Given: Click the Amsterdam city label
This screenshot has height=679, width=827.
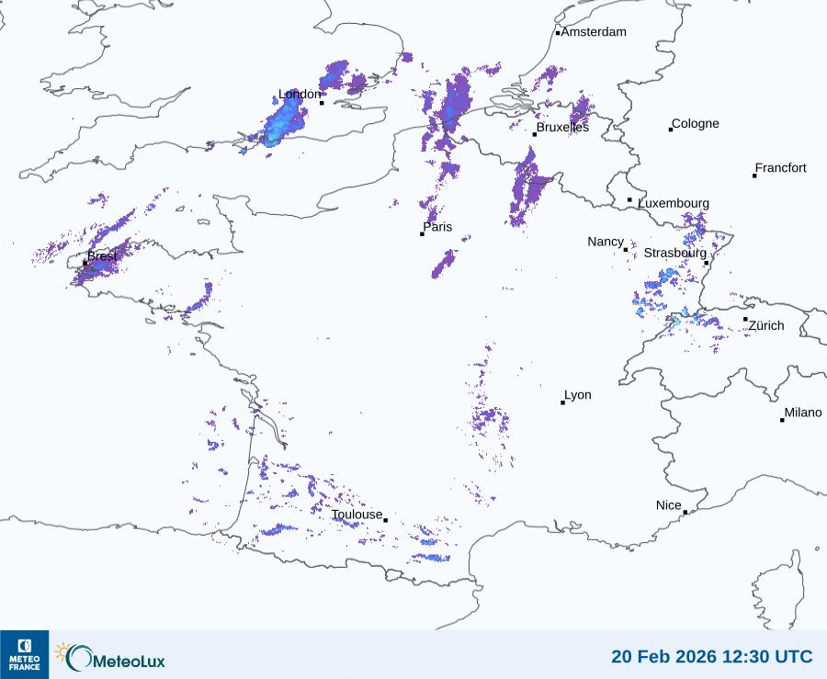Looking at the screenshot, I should coord(594,32).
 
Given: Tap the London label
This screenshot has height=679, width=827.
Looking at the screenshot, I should coord(300,95).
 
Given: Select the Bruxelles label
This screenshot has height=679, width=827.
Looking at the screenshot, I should coord(562,128).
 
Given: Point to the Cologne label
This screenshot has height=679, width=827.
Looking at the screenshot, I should coord(696,124).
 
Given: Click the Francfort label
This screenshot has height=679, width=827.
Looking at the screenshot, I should coord(780,168).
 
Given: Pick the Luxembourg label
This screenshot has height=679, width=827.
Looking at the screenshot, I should coord(674,203).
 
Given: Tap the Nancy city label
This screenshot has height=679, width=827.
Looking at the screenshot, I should coord(606,242).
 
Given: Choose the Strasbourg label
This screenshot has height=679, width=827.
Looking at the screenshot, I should coord(674,253).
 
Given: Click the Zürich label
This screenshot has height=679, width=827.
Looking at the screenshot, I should coord(766,325).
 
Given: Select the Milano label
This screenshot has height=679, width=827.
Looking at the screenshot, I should coord(803,413).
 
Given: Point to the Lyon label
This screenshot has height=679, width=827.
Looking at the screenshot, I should coord(578,395).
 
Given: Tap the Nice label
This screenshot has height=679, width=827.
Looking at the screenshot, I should coord(669,505).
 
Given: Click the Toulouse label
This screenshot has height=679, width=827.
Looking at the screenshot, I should coord(357,515).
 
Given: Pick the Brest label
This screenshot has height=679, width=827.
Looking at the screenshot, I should coord(102,256).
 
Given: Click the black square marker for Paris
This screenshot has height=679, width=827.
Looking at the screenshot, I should coord(422,234).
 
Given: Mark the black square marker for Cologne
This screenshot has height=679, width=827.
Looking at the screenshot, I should coord(671,130).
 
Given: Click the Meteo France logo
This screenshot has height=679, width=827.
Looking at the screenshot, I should coord(24,654).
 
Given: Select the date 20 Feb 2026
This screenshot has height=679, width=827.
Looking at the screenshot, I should coord(662,657).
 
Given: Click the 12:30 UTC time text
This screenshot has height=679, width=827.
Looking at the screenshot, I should coord(766,657).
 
